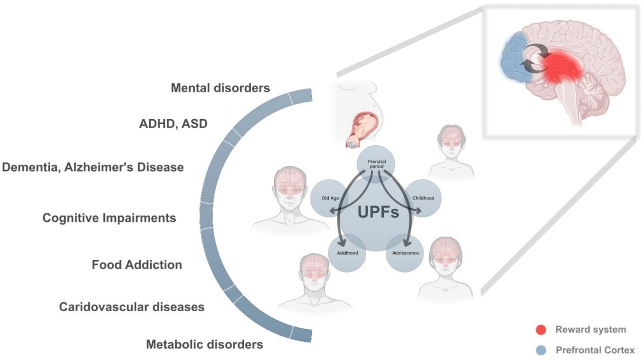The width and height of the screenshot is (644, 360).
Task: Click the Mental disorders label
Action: [x=220, y=88]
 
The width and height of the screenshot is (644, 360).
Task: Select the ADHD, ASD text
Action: [x=173, y=124]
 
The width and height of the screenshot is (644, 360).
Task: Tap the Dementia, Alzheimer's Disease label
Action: [x=93, y=167]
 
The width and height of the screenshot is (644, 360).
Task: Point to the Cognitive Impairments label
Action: [x=109, y=218]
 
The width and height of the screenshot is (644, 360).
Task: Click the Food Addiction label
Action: [x=137, y=265]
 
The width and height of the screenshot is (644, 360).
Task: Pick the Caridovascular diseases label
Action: [x=132, y=307]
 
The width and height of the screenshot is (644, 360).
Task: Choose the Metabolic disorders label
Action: [x=205, y=344]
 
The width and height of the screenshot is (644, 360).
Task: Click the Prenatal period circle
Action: [x=376, y=164]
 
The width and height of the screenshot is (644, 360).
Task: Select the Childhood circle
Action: [x=423, y=198]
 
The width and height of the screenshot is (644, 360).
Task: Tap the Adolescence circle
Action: [x=405, y=253]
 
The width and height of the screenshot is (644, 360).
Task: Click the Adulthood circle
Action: [x=347, y=253]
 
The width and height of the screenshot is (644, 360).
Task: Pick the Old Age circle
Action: [x=330, y=198]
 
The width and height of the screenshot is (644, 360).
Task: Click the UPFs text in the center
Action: [x=378, y=212]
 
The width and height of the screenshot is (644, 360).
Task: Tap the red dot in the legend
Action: [x=541, y=330]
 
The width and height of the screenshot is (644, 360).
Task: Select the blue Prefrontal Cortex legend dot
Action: [x=541, y=350]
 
